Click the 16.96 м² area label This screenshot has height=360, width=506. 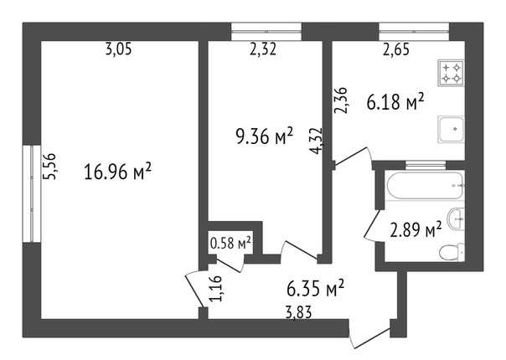click(x=117, y=172)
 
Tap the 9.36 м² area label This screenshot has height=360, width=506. click(x=265, y=136)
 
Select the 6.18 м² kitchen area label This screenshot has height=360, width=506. click(x=395, y=102)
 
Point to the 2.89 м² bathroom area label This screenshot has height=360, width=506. click(x=416, y=230)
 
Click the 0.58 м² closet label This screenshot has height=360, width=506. click(x=230, y=243)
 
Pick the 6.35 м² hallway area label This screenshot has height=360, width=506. click(x=316, y=288)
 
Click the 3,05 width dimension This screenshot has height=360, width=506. click(x=119, y=49)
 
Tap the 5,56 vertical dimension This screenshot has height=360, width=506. click(x=50, y=166)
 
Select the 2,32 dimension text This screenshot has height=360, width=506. click(x=263, y=49)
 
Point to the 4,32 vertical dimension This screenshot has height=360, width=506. click(x=316, y=141)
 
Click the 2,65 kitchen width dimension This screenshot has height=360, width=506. click(x=396, y=49)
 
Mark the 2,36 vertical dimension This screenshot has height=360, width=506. click(x=341, y=100)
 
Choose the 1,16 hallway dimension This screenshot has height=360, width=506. click(x=216, y=288)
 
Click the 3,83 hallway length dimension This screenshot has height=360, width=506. click(x=299, y=312)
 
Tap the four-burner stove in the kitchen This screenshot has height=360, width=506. click(x=452, y=73)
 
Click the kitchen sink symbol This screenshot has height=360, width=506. click(x=452, y=130)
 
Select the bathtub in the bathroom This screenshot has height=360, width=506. click(x=425, y=186)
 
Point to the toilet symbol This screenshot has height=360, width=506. click(x=452, y=252)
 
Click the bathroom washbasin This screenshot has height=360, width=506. click(x=457, y=219)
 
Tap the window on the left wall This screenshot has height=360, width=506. click(x=32, y=193)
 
